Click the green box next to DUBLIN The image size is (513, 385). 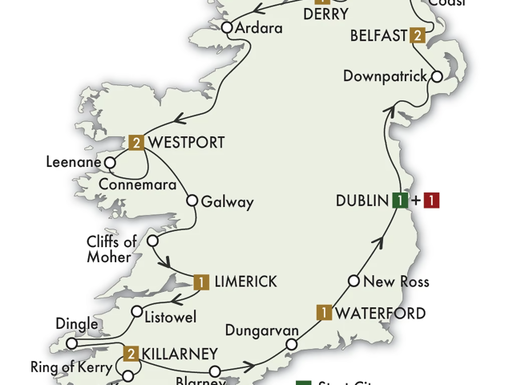pyautogui.click(x=399, y=201)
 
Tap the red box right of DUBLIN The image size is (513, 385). pyautogui.click(x=432, y=201)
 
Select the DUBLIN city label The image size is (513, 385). pyautogui.click(x=362, y=201)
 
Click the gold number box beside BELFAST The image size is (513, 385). pyautogui.click(x=418, y=35)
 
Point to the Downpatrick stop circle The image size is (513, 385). pyautogui.click(x=437, y=77)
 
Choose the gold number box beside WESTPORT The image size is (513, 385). pyautogui.click(x=137, y=143)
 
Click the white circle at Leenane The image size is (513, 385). pyautogui.click(x=111, y=162)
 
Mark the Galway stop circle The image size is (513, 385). pyautogui.click(x=192, y=201)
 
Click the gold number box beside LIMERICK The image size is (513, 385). pyautogui.click(x=202, y=282)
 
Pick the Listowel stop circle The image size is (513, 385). pyautogui.click(x=137, y=312)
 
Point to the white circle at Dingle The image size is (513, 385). pyautogui.click(x=71, y=344)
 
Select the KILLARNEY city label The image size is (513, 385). pyautogui.click(x=181, y=354)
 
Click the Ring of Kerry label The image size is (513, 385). pyautogui.click(x=69, y=368)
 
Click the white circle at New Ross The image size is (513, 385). pyautogui.click(x=353, y=282)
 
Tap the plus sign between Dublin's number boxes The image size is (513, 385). pyautogui.click(x=416, y=201)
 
